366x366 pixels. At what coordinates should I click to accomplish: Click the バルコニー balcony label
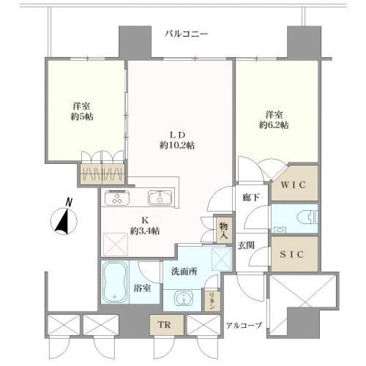(x=187, y=34)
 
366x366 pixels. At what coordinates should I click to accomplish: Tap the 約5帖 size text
(x=82, y=116)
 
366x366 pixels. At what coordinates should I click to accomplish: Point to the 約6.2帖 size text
(x=274, y=125)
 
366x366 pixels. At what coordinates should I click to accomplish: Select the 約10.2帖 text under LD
(x=177, y=146)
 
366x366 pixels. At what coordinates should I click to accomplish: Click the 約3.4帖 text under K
(x=145, y=231)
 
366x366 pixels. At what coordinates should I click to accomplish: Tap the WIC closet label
(x=293, y=185)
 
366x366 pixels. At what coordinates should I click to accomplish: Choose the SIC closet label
(x=292, y=255)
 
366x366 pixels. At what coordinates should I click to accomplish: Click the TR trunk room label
(x=164, y=325)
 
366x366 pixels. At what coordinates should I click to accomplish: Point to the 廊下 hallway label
(x=251, y=198)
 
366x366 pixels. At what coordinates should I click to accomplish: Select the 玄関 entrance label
(x=246, y=245)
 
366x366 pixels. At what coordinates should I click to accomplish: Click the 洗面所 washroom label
(x=184, y=272)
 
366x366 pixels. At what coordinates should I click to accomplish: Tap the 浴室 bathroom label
(x=142, y=288)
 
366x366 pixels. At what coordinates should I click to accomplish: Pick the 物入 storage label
(x=223, y=231)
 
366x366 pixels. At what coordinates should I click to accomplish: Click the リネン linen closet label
(x=212, y=301)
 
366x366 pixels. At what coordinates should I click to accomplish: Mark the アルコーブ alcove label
(x=244, y=325)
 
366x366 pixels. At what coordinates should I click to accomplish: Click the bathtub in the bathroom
(x=115, y=283)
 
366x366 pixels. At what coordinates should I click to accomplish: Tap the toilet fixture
(x=308, y=216)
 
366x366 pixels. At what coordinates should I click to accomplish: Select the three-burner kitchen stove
(x=118, y=198)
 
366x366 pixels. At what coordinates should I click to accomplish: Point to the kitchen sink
(x=160, y=198)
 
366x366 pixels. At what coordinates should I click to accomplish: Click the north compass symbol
(x=64, y=218)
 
